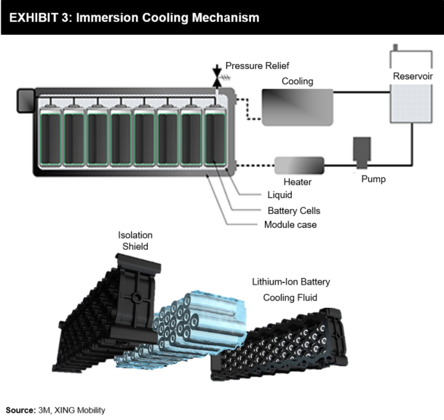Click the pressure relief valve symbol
click(216, 76)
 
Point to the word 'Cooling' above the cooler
click(297, 82)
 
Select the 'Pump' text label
click(373, 178)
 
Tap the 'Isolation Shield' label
click(133, 241)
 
